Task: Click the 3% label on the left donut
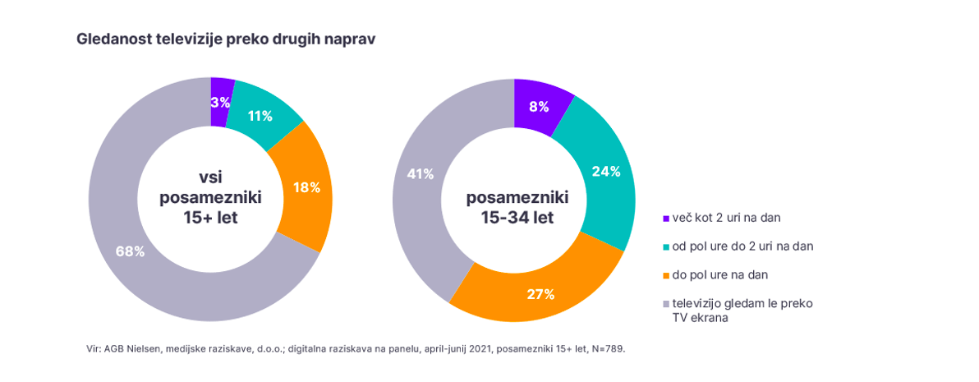[219, 103]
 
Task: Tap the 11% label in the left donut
[260, 116]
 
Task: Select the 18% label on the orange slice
[306, 187]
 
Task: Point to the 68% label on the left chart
[130, 251]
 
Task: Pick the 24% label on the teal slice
[606, 172]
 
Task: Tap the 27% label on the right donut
[540, 293]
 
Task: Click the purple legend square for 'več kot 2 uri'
[666, 219]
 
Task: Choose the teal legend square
[666, 246]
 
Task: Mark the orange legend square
[666, 275]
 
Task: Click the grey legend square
[666, 304]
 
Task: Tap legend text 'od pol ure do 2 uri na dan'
[742, 246]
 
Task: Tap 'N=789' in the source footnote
[609, 348]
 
